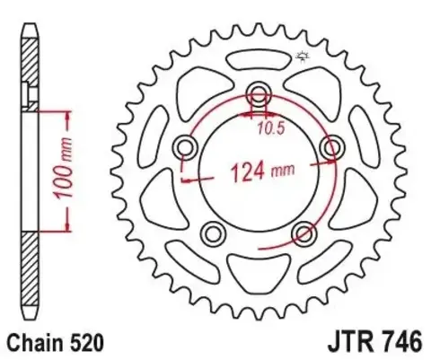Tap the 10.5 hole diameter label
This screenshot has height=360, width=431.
coord(261,127)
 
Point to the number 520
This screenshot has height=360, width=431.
coord(89,342)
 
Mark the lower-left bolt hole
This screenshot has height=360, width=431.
coord(215,233)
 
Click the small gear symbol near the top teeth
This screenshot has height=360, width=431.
coord(300,58)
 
